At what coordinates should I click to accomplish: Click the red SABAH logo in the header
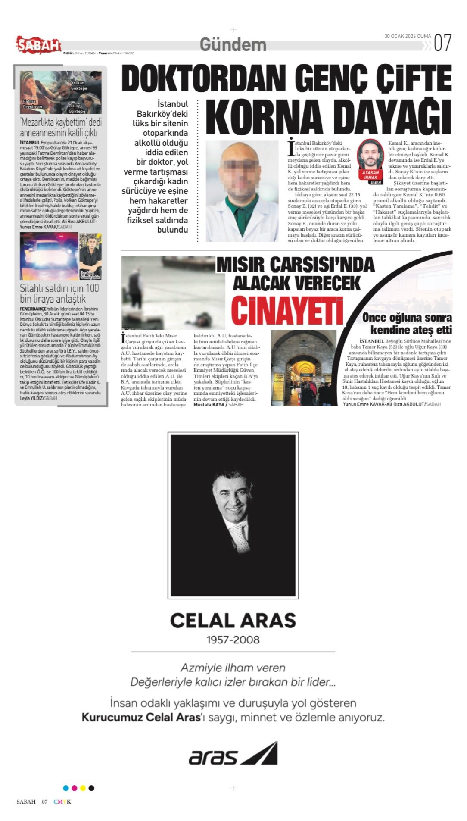(x=39, y=44)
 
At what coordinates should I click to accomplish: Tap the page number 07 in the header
(x=442, y=43)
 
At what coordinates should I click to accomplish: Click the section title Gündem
(x=233, y=44)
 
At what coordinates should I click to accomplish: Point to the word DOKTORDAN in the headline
(x=203, y=79)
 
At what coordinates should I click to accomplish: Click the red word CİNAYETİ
(x=287, y=311)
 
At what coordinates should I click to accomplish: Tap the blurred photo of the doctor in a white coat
(x=242, y=191)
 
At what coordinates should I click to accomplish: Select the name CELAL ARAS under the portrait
(x=233, y=621)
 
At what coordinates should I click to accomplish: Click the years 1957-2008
(x=233, y=640)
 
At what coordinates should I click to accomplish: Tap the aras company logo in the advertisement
(x=233, y=754)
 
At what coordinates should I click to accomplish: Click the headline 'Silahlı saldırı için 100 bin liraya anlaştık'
(x=59, y=293)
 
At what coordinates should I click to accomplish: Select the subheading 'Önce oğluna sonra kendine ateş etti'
(x=407, y=324)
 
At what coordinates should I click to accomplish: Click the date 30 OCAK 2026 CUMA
(x=408, y=37)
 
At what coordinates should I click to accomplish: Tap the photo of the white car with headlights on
(x=49, y=256)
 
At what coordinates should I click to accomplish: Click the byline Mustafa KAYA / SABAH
(x=218, y=405)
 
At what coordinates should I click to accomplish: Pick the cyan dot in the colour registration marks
(x=66, y=788)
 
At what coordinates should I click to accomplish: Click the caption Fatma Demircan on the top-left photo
(x=32, y=104)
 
